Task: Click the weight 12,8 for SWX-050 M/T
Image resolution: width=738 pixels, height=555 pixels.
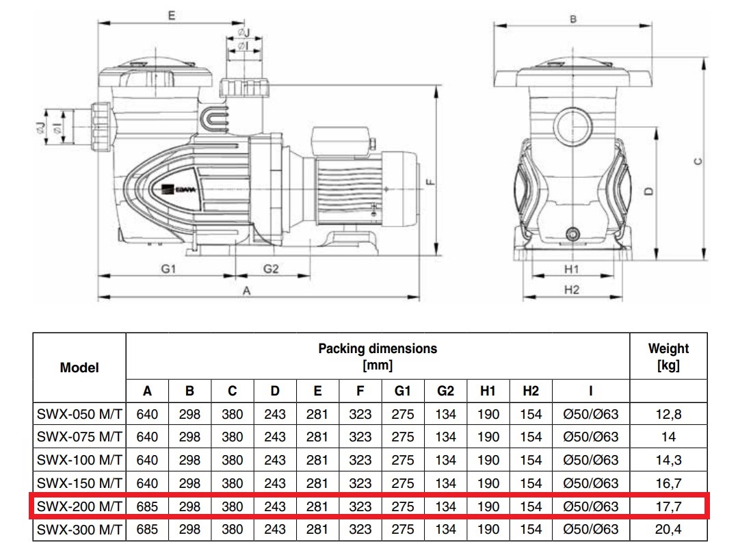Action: pos(668,414)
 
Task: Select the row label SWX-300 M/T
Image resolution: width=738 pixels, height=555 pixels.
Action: pos(79,530)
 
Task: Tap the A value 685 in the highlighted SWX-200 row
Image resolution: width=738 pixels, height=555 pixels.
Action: pos(147,506)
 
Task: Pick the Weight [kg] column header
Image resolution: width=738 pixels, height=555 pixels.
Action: pos(668,357)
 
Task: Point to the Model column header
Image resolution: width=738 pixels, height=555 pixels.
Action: pos(79,367)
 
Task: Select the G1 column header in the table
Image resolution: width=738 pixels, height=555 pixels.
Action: pos(403,391)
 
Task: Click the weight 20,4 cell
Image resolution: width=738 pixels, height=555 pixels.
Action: pos(668,530)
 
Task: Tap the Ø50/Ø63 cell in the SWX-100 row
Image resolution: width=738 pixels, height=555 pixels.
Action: pos(590,461)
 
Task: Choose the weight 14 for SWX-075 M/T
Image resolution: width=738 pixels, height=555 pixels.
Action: pos(668,437)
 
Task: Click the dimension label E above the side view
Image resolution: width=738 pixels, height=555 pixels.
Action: pos(171,15)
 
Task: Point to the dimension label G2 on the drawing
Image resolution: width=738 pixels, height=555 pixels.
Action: pos(272,269)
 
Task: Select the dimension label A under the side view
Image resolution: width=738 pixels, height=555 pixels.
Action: pos(247,291)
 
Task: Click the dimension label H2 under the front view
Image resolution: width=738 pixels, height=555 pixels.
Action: pos(572,290)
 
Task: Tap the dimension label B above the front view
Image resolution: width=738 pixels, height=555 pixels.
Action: pos(573,19)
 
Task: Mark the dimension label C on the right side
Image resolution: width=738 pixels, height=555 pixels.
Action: pos(697,162)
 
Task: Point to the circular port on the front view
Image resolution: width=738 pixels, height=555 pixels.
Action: pos(572,127)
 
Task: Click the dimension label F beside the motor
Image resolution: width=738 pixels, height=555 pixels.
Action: pos(429,183)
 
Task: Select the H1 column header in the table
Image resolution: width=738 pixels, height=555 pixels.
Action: pos(488,391)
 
